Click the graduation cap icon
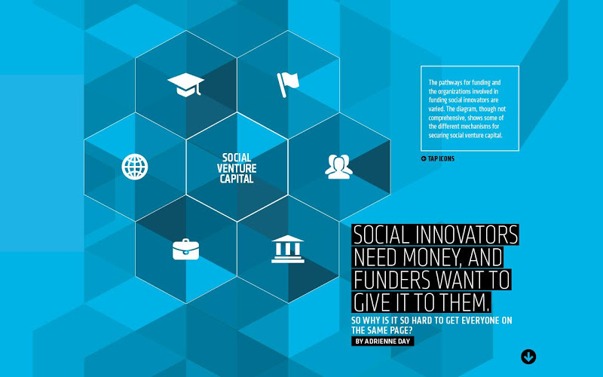(185, 84)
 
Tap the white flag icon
(288, 84)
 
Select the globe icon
(135, 167)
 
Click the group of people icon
(338, 167)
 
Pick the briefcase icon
(185, 250)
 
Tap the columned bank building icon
(288, 250)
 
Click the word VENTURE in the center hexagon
(237, 168)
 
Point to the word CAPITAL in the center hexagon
(237, 179)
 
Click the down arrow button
(528, 357)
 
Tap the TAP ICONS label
(441, 158)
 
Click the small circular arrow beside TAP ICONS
(424, 158)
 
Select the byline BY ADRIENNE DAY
(383, 342)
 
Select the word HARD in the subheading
(423, 320)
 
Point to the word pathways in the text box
(453, 82)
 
